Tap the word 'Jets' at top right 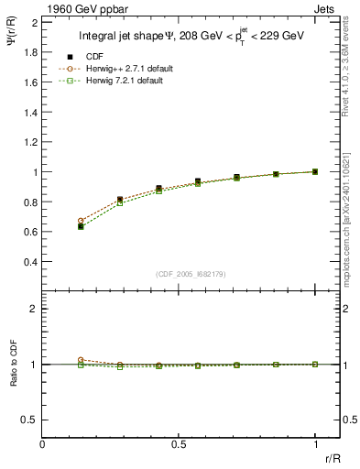click(326, 8)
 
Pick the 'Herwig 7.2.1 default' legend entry click(136, 81)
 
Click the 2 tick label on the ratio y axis click(34, 309)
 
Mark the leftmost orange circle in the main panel click(81, 221)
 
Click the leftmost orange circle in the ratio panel click(81, 360)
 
